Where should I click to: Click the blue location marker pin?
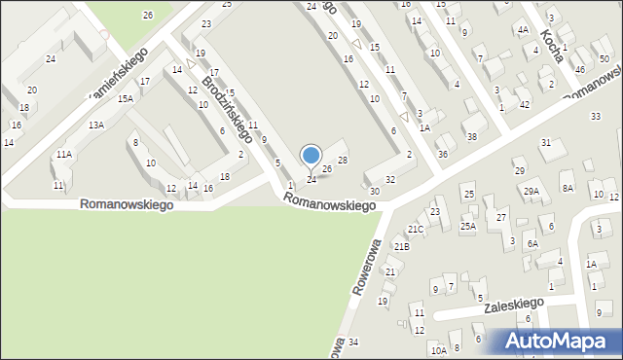click(311, 156)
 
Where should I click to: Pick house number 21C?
click(416, 230)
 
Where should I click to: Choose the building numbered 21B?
click(402, 247)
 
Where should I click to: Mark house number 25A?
click(467, 227)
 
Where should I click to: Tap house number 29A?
click(531, 192)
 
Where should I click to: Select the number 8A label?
click(568, 188)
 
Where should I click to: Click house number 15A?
click(126, 99)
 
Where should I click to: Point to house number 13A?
click(95, 126)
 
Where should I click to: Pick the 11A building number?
click(63, 155)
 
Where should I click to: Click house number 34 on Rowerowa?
click(353, 342)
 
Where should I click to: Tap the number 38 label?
click(471, 137)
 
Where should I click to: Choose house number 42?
click(524, 104)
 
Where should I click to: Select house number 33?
click(596, 117)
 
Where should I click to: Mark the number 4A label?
click(523, 30)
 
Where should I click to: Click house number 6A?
click(532, 244)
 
